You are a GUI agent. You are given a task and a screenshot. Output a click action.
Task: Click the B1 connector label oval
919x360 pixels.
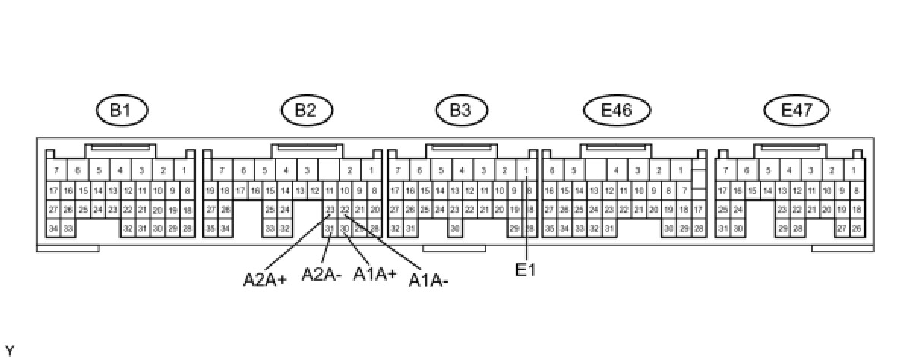[x=122, y=111]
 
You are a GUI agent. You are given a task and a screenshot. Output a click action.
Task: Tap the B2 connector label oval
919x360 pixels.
[x=306, y=111]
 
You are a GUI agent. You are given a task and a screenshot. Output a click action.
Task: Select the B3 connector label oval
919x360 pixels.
[x=460, y=111]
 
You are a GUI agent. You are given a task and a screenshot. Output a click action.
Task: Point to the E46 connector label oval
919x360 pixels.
[x=617, y=111]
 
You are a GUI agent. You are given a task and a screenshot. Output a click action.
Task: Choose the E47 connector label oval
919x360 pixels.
[x=797, y=111]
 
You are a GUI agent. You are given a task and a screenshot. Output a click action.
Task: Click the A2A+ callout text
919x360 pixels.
[x=264, y=279]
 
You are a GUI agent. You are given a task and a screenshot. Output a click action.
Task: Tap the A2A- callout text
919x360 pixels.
[x=321, y=274]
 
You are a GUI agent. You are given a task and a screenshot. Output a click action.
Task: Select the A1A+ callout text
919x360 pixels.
[x=375, y=274]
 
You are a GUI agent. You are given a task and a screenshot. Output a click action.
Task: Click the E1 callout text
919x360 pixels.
[x=526, y=270]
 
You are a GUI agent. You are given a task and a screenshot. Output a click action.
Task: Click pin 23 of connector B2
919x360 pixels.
[x=330, y=210]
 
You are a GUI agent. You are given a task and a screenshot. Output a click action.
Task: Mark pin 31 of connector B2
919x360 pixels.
[x=330, y=228]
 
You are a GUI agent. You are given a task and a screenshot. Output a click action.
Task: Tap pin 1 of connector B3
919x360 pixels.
[x=526, y=170]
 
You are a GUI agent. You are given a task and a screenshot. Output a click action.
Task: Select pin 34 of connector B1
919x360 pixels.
[x=53, y=228]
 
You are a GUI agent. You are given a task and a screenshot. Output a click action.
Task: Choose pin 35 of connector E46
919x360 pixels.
[x=549, y=228]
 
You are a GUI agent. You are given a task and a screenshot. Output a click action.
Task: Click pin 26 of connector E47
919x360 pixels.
[x=857, y=228]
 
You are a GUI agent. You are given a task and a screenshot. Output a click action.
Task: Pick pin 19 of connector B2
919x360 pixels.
[x=210, y=191]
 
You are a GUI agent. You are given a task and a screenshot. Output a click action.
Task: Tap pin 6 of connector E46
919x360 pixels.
[x=552, y=170]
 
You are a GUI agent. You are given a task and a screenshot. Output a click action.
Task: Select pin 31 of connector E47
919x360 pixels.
[x=723, y=228]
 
